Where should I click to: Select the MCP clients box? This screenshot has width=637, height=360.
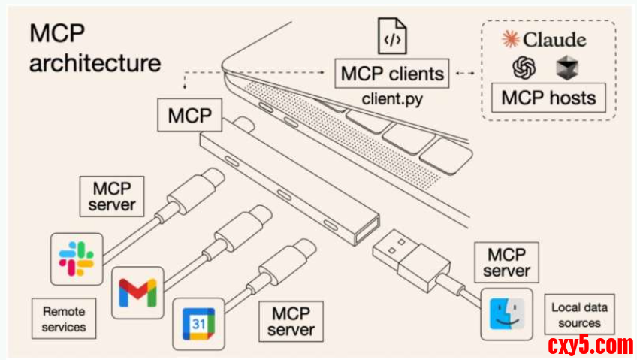(x=392, y=74)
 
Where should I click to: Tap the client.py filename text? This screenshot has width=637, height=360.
(x=392, y=98)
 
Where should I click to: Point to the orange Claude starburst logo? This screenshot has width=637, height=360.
(x=512, y=39)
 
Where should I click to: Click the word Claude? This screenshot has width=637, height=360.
(x=554, y=39)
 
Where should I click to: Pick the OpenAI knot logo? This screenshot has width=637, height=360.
(x=524, y=69)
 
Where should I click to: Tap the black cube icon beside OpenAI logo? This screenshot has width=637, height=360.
(x=566, y=69)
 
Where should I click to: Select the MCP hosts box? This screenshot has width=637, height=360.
(x=548, y=98)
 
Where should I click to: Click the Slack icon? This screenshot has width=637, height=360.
(x=77, y=259)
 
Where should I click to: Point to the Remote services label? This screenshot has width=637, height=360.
(x=64, y=319)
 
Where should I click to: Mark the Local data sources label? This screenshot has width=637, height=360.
(x=579, y=315)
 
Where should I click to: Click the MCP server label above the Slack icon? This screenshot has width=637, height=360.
(x=113, y=195)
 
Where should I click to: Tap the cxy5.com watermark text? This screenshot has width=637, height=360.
(x=591, y=346)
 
